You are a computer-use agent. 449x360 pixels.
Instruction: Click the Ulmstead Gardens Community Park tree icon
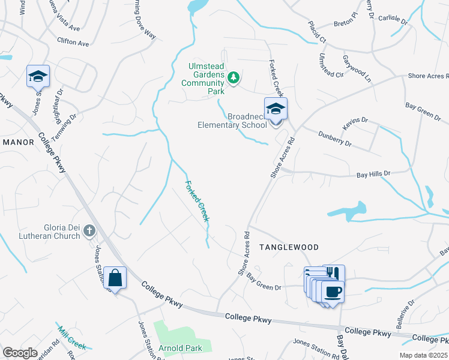233,78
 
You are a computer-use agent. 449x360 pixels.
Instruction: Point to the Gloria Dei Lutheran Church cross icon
89,230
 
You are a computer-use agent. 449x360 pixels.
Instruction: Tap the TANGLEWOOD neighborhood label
289,247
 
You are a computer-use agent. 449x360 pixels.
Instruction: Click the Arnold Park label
185,348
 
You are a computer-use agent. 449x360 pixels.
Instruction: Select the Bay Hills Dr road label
373,173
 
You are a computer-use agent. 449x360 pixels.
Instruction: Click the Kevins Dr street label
355,124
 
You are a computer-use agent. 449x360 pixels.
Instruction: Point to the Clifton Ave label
73,43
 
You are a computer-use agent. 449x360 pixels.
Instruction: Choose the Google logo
20,353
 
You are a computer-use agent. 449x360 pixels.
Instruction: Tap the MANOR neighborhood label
20,142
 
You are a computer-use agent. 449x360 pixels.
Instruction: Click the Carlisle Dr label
393,19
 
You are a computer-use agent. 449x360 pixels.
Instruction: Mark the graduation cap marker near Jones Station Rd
38,77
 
